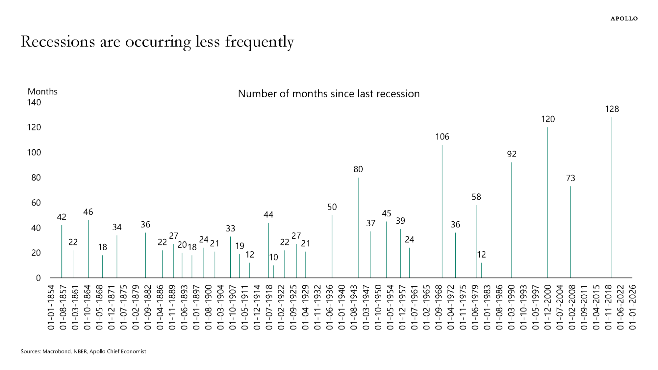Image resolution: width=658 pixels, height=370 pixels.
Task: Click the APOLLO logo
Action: pyautogui.click(x=624, y=19)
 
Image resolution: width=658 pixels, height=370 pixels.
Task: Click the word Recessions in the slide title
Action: pyautogui.click(x=58, y=42)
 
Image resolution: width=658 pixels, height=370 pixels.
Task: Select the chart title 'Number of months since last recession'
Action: pyautogui.click(x=328, y=94)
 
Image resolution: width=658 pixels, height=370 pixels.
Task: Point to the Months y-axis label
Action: pyautogui.click(x=42, y=91)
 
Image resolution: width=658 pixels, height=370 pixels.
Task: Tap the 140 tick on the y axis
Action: pyautogui.click(x=34, y=102)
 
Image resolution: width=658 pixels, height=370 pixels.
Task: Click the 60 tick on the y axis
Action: pyautogui.click(x=36, y=203)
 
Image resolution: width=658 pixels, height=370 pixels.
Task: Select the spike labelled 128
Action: pyautogui.click(x=612, y=197)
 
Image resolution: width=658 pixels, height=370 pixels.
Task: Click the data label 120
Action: pyautogui.click(x=548, y=119)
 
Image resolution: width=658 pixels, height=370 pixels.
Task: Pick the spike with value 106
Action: pyautogui.click(x=442, y=210)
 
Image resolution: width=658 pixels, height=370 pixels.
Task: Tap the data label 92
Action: pyautogui.click(x=512, y=154)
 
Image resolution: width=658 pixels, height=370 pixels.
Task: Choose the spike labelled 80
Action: pyautogui.click(x=358, y=227)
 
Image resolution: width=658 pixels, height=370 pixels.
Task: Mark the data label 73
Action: pyautogui.click(x=570, y=178)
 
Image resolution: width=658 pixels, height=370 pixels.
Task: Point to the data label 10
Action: pyautogui.click(x=273, y=257)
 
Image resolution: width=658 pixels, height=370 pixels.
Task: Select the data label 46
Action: pyautogui.click(x=88, y=212)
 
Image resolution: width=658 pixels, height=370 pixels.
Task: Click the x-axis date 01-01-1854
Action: pyautogui.click(x=51, y=307)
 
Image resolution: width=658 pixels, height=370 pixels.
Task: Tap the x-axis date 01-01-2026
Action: pyautogui.click(x=632, y=307)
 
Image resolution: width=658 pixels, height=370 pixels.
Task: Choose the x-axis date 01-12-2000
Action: pyautogui.click(x=547, y=307)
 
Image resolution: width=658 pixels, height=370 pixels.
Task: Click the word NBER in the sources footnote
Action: pyautogui.click(x=80, y=351)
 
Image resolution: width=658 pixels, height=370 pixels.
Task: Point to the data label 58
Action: pyautogui.click(x=476, y=197)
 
